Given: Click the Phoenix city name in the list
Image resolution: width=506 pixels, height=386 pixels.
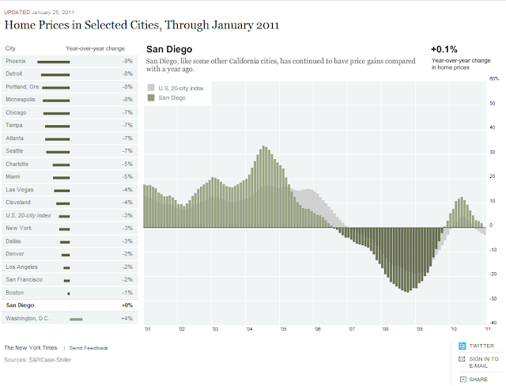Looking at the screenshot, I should pos(16,61).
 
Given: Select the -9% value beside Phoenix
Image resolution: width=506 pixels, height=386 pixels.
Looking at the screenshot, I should pos(127,61).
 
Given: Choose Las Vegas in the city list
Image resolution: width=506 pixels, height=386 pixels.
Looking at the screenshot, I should pos(20,190).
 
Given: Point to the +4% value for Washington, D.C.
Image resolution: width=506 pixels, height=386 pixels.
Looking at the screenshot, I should pos(126,319).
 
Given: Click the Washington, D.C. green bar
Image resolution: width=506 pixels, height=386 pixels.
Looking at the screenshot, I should pos(76,319).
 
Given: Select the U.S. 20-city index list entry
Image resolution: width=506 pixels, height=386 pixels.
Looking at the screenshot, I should pos(28,215).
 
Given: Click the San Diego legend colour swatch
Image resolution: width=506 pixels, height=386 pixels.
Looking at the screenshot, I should pos(152,97).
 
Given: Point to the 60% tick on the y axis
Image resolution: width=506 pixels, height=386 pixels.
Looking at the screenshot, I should pos(494,79).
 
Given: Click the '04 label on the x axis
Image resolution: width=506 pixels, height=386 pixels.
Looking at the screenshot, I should pos(249,328).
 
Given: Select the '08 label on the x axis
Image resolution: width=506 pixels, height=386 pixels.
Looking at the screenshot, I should pos(385,328).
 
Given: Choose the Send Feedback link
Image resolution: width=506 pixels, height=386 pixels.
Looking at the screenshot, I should pos(89,348).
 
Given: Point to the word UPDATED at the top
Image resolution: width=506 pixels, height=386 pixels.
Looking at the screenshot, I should pos(17,12).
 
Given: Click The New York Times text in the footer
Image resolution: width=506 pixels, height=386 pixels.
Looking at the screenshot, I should pos(31,348).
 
